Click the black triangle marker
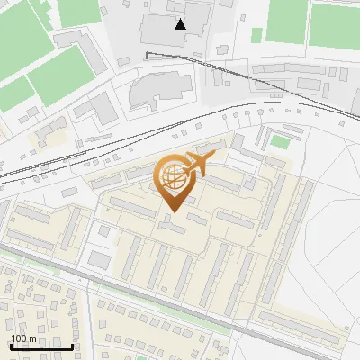tap(181, 24)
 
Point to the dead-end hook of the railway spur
tap(148, 55)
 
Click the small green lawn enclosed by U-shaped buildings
tap(281, 142)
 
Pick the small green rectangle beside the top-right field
tap(256, 35)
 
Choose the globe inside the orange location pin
tap(172, 176)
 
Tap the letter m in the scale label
tap(32, 338)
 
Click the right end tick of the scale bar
tap(72, 345)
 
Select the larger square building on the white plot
tap(100, 259)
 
